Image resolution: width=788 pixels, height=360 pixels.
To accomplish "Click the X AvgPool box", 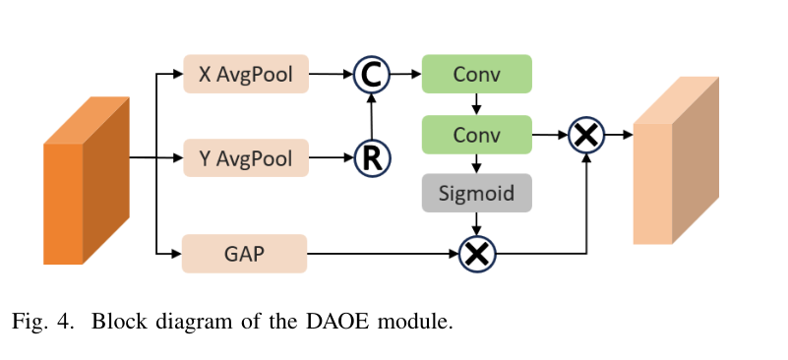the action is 246,74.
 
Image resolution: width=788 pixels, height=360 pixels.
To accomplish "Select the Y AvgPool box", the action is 246,158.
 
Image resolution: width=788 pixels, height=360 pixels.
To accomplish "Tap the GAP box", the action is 244,254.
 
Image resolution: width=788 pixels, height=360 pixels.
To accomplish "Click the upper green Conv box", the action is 476,74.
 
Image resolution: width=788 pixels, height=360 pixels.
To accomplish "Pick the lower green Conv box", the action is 476,135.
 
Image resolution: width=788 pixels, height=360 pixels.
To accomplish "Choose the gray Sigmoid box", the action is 476,193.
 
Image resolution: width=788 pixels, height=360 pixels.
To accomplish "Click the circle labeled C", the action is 372,75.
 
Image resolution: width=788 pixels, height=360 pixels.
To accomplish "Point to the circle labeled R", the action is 372,158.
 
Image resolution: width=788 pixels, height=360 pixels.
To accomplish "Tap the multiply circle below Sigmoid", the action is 477,254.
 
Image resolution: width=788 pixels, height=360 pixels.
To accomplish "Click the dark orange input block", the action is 87,180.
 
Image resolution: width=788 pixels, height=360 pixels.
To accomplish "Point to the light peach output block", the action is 676,160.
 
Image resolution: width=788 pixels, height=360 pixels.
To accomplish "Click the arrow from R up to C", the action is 372,116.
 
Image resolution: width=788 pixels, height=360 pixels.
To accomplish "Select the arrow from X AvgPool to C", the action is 332,74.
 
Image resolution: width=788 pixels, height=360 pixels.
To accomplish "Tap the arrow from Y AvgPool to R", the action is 332,158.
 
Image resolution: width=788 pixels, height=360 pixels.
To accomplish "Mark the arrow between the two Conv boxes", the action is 476,104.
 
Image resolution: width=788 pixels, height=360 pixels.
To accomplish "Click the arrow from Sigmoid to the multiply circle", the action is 476,223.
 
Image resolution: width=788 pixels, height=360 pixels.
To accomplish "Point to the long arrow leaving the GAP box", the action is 383,254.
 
